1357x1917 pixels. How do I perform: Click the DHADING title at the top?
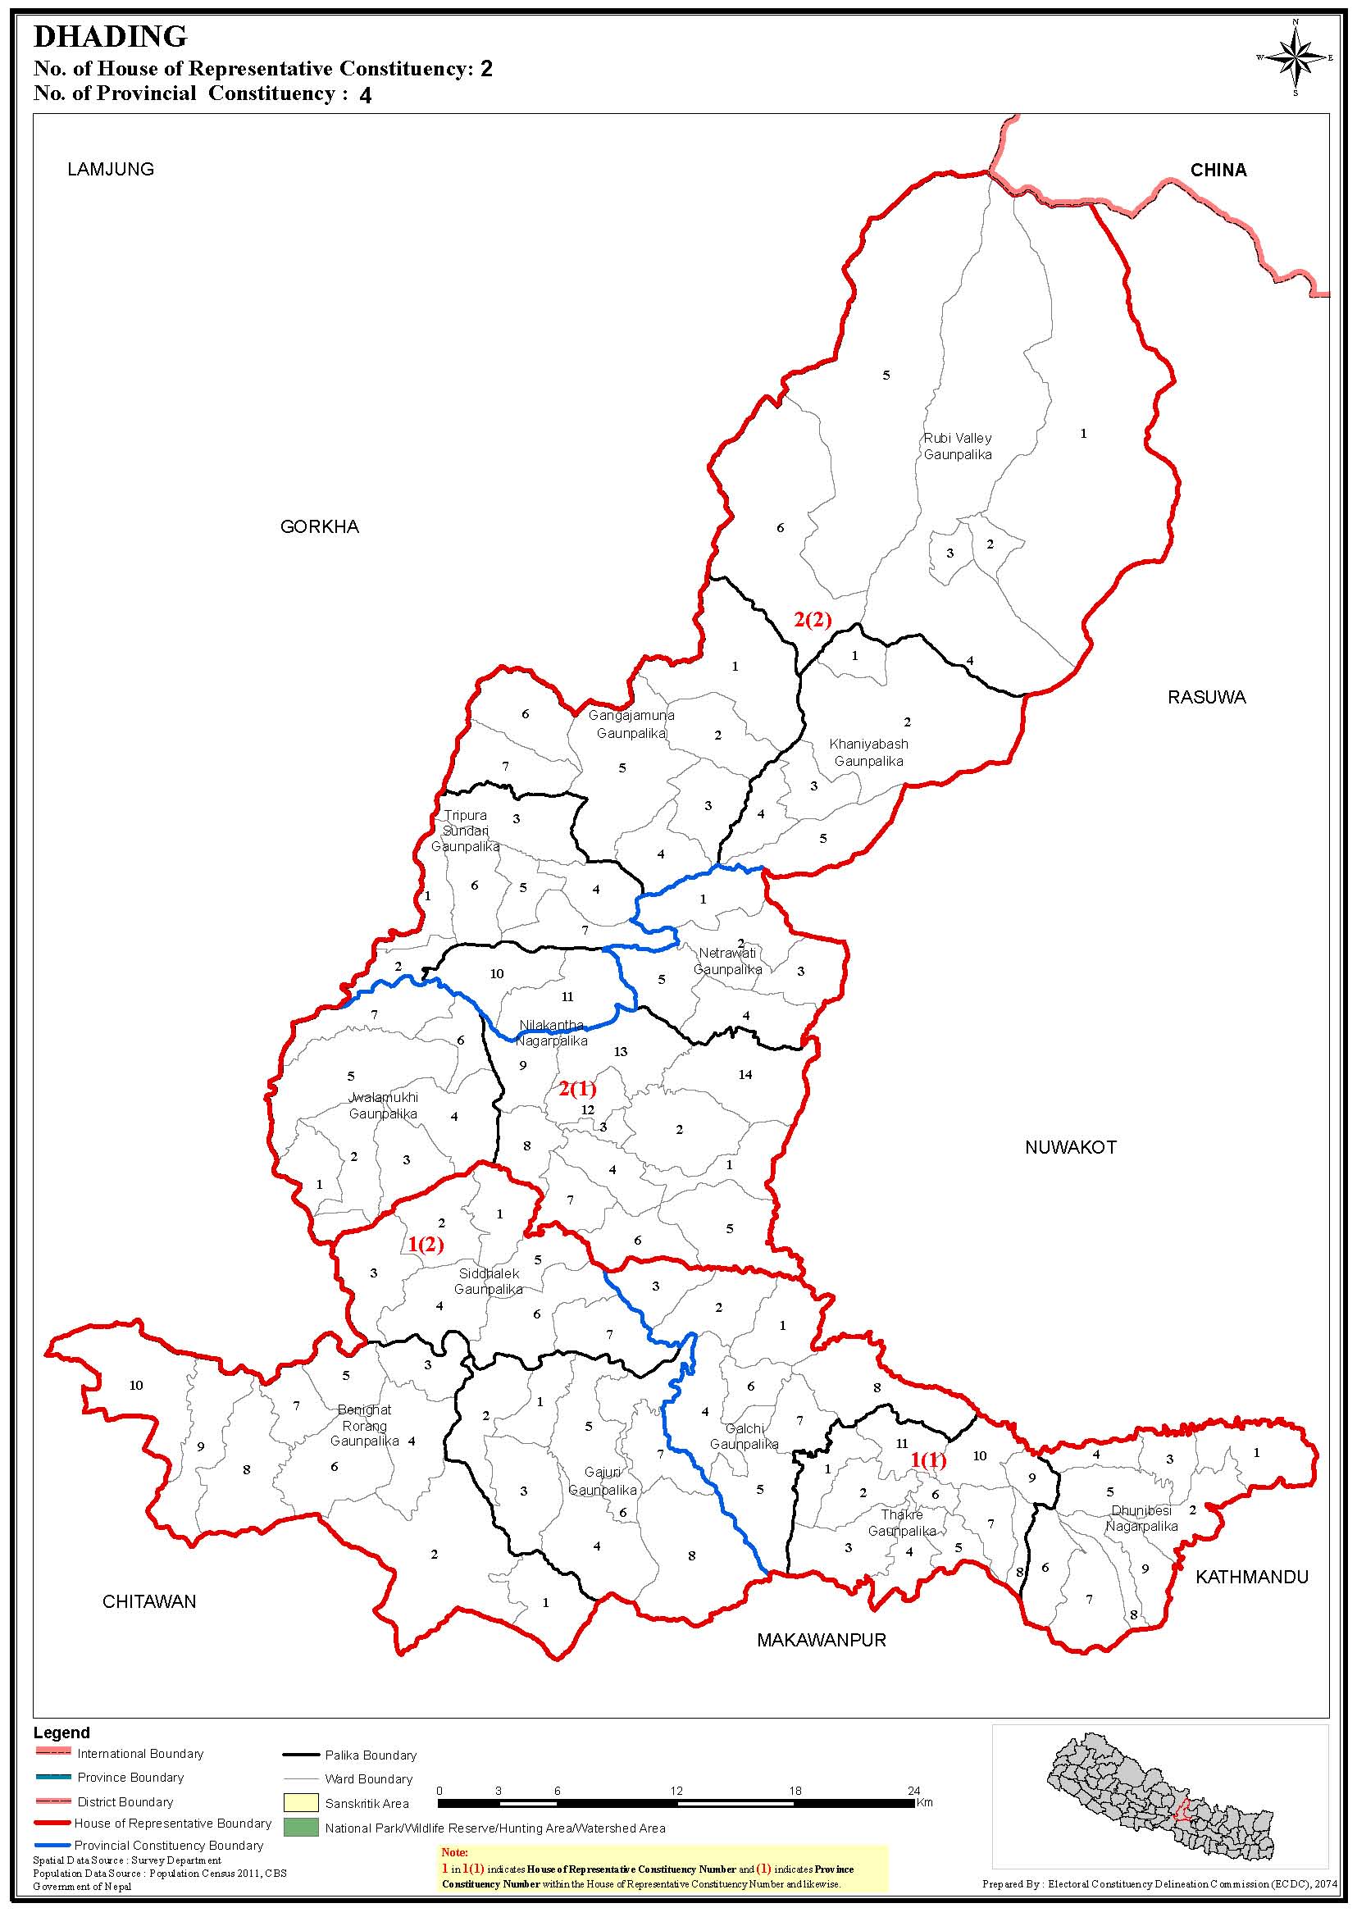pyautogui.click(x=111, y=37)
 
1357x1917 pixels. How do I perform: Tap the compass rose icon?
pyautogui.click(x=1296, y=57)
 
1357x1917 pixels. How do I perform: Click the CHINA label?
pyautogui.click(x=1218, y=171)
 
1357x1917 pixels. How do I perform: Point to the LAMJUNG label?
pyautogui.click(x=112, y=170)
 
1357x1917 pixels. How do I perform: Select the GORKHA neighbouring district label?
pyautogui.click(x=319, y=527)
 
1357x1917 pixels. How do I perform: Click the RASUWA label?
pyautogui.click(x=1206, y=698)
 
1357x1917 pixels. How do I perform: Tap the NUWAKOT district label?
pyautogui.click(x=1070, y=1148)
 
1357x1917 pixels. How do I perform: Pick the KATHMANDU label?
pyautogui.click(x=1251, y=1578)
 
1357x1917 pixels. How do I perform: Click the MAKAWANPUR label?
pyautogui.click(x=822, y=1641)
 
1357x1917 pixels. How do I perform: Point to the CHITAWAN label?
pyautogui.click(x=148, y=1602)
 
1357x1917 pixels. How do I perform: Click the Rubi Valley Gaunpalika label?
pyautogui.click(x=958, y=447)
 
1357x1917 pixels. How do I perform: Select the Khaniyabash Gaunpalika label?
pyautogui.click(x=868, y=753)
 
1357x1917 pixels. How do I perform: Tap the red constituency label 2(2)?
pyautogui.click(x=813, y=620)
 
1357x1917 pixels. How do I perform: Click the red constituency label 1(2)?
pyautogui.click(x=426, y=1245)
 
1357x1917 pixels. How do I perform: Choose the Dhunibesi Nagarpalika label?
pyautogui.click(x=1141, y=1519)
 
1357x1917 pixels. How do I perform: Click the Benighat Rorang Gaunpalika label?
pyautogui.click(x=364, y=1426)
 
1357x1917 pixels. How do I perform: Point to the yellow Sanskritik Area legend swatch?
pyautogui.click(x=301, y=1802)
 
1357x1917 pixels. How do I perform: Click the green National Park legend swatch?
pyautogui.click(x=301, y=1828)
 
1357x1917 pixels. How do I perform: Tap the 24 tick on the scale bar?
pyautogui.click(x=914, y=1790)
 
